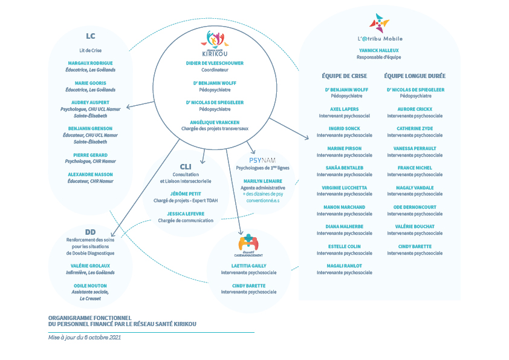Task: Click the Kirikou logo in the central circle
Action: [x=215, y=44]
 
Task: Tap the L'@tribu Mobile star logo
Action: [x=379, y=23]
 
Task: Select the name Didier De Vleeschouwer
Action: [x=215, y=64]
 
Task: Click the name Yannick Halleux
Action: [x=379, y=50]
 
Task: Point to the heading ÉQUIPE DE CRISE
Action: [x=345, y=76]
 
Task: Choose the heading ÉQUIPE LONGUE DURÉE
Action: [x=415, y=76]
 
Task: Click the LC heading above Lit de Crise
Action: [x=91, y=36]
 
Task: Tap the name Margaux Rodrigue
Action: [x=90, y=63]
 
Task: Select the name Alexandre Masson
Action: [x=90, y=174]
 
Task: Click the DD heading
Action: [x=90, y=232]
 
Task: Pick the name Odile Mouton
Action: [x=90, y=286]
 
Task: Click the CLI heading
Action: [x=186, y=166]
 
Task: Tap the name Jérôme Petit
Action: [x=186, y=194]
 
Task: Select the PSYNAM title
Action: [x=262, y=160]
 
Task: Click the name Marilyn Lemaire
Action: [x=263, y=181]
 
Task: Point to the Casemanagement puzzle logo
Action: [x=248, y=244]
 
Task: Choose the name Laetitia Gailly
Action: [x=248, y=266]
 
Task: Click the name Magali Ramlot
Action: [x=345, y=266]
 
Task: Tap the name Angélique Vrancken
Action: [x=215, y=122]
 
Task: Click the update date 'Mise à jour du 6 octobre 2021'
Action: [x=85, y=337]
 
